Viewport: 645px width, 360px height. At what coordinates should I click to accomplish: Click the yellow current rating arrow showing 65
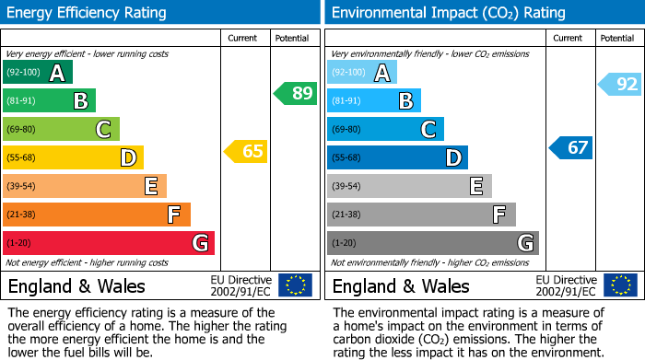coord(246,151)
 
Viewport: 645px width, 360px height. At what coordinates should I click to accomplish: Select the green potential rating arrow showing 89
coord(295,93)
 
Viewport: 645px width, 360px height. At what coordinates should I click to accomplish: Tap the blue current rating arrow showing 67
coord(571,147)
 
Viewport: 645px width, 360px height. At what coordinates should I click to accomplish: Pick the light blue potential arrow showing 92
coord(620,85)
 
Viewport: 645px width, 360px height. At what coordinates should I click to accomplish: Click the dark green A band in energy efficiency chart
coord(38,73)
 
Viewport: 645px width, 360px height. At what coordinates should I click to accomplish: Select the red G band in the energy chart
coord(109,243)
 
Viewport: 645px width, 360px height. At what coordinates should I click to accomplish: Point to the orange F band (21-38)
coord(97,215)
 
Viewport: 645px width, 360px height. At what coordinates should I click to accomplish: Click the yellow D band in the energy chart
coord(73,157)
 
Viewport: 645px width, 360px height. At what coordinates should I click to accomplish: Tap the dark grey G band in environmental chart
coord(432,243)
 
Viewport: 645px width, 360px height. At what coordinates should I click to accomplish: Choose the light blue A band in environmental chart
coord(362,73)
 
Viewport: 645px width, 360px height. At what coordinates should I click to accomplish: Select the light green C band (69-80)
coord(61,129)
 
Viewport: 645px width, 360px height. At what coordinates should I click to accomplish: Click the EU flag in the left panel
coord(295,285)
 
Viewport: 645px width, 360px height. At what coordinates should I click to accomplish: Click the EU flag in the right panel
coord(621,285)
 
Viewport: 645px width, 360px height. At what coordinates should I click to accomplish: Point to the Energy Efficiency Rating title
coord(88,13)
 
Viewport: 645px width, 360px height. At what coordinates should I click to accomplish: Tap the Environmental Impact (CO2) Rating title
coord(448,13)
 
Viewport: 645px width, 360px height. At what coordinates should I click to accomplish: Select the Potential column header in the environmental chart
coord(616,38)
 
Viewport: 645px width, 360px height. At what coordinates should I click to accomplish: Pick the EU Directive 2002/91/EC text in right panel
coord(566,285)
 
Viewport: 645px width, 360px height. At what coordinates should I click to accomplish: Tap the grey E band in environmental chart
coord(409,186)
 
